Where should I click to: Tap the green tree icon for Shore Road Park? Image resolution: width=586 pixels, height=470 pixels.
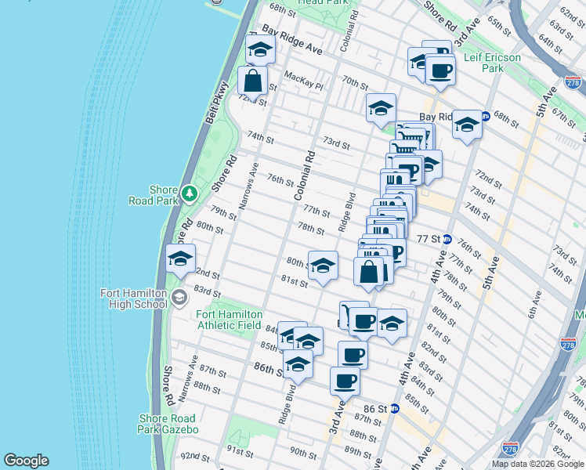click(x=189, y=193)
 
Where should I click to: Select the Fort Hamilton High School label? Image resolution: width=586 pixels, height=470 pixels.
click(x=134, y=298)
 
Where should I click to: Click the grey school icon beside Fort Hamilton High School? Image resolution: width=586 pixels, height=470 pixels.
click(x=179, y=297)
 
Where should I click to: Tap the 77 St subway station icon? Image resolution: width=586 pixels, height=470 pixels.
click(x=447, y=239)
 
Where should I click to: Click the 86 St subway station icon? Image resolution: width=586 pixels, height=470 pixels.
click(x=395, y=409)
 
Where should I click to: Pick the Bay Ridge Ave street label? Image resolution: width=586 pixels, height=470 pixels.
click(x=292, y=42)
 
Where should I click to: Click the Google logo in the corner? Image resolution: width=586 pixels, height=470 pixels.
click(x=26, y=461)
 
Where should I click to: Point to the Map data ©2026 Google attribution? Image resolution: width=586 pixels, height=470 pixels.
click(x=537, y=464)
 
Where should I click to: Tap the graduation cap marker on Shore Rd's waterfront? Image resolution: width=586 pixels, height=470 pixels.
click(x=180, y=259)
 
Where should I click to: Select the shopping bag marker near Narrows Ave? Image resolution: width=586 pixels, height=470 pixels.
click(x=252, y=81)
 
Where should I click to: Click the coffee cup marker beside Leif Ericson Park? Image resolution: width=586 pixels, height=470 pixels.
click(x=439, y=71)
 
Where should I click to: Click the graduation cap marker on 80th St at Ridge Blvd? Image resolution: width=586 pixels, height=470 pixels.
click(x=323, y=266)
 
